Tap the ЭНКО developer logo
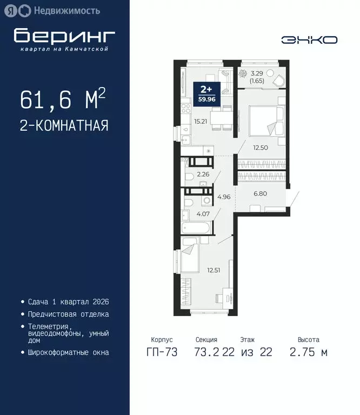tap(309, 40)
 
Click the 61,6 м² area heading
tap(62, 99)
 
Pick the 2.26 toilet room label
tap(203, 174)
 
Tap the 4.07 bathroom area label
tap(204, 213)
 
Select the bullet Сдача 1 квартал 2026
tap(68, 301)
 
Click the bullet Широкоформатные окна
tap(68, 352)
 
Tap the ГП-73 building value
tap(161, 353)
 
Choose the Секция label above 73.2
tap(206, 340)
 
